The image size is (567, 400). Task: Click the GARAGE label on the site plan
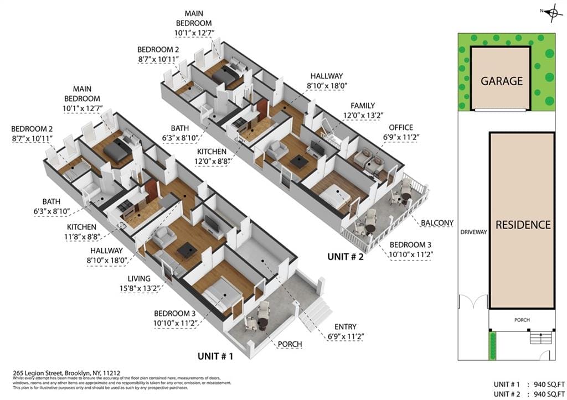pyautogui.click(x=501, y=81)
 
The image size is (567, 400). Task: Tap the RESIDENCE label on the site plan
pyautogui.click(x=523, y=225)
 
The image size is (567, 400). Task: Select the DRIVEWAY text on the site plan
pyautogui.click(x=473, y=232)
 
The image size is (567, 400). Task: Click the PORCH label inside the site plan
pyautogui.click(x=521, y=320)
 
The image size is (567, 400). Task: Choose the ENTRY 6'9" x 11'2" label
pyautogui.click(x=345, y=331)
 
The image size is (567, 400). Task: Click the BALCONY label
pyautogui.click(x=436, y=223)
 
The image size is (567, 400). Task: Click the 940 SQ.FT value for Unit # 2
pyautogui.click(x=545, y=393)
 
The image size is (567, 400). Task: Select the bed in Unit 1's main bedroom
pyautogui.click(x=118, y=149)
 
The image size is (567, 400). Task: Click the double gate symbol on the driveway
pyautogui.click(x=472, y=302)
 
